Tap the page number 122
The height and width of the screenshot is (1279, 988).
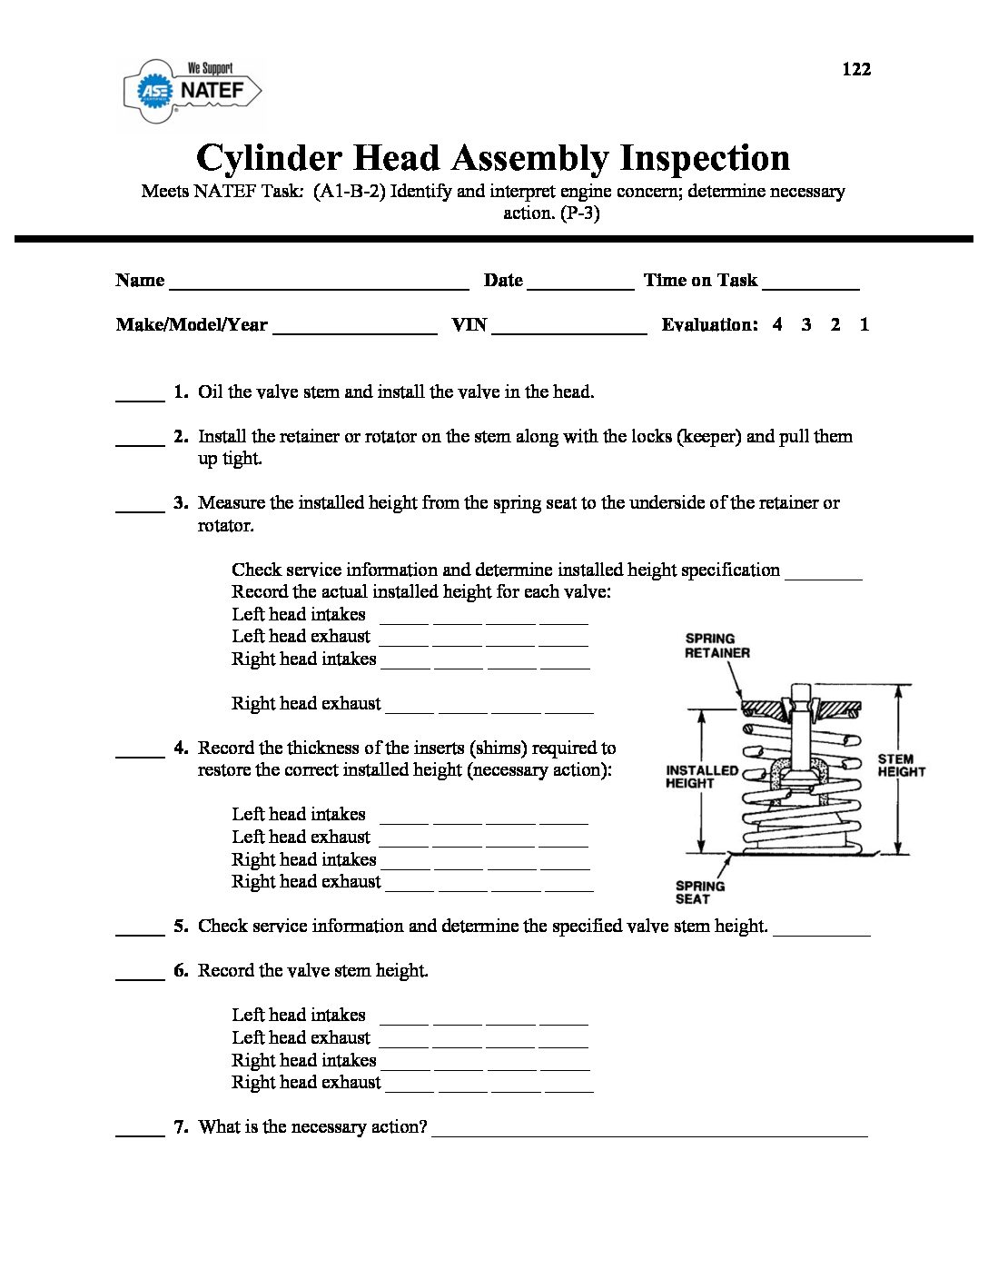(x=856, y=69)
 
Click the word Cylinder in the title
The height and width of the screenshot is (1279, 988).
(x=268, y=158)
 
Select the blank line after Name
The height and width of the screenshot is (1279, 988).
(x=319, y=284)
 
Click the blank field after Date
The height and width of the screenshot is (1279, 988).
(x=580, y=284)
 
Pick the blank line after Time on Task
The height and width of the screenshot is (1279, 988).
(x=811, y=284)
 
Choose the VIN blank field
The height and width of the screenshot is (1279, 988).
(x=569, y=329)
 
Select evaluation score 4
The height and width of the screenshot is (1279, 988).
(x=777, y=324)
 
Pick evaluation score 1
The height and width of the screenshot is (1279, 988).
(x=864, y=324)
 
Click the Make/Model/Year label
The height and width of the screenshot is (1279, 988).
(x=192, y=325)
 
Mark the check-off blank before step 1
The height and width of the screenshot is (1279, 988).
(x=140, y=397)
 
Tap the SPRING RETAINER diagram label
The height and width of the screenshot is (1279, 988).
(x=717, y=646)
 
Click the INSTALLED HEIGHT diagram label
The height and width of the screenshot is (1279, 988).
(x=701, y=777)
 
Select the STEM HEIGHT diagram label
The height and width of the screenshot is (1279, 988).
(x=901, y=765)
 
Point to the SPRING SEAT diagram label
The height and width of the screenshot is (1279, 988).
(x=700, y=892)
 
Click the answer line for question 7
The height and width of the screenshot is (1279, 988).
(x=649, y=1132)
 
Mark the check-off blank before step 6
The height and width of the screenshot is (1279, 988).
(x=140, y=976)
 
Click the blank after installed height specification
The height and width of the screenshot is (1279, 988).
(x=823, y=575)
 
